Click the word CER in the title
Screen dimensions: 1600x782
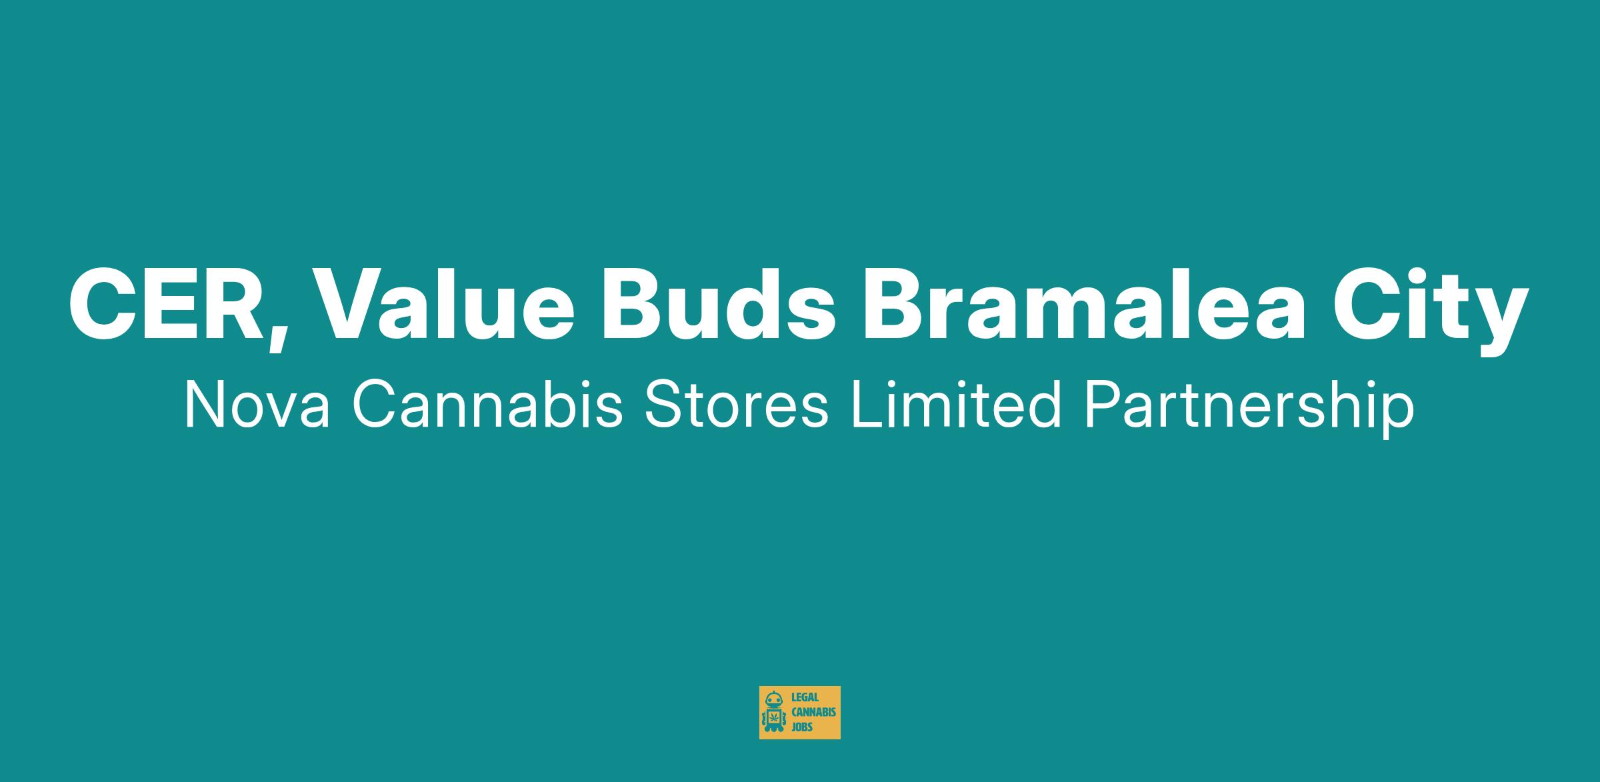[x=166, y=303]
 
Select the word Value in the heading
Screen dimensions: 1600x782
[x=439, y=303]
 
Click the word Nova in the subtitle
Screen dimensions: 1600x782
[x=257, y=405]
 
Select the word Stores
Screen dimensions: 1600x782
[x=737, y=405]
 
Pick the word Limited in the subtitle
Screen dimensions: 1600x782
[x=955, y=404]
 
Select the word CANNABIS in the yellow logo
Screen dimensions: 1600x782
[x=813, y=713]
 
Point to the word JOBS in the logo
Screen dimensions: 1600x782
[x=801, y=727]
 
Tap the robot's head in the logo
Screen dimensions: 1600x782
[x=773, y=699]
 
